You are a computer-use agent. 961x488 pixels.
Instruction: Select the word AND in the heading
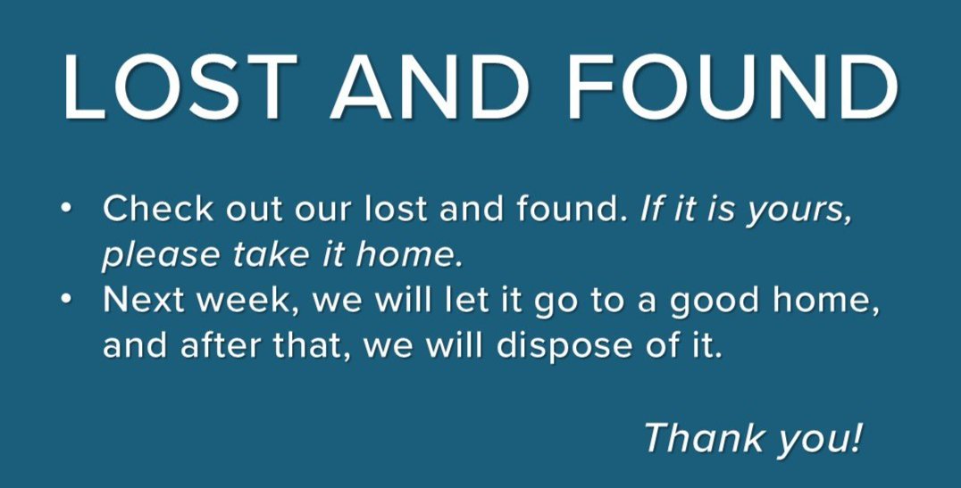coord(430,87)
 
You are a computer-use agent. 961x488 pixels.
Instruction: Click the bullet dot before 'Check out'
coord(67,209)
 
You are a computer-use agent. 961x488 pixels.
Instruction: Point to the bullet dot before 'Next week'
coord(67,300)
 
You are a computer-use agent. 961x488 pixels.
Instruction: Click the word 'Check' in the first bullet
coord(158,209)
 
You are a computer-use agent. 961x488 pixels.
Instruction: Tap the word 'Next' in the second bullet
coord(145,300)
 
